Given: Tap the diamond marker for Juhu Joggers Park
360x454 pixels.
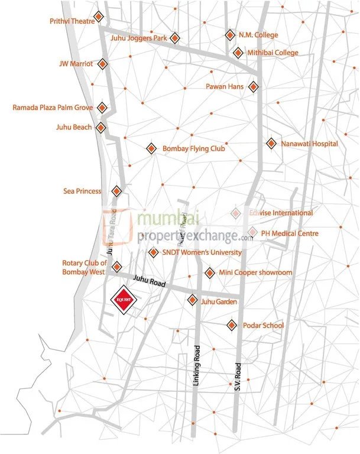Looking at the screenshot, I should tap(174, 38).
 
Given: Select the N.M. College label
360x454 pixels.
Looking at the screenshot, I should tap(258, 35).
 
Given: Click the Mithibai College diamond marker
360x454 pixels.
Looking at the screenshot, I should tap(238, 53).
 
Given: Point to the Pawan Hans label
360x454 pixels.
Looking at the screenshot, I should tap(224, 87).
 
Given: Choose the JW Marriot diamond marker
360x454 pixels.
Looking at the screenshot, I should tap(103, 63).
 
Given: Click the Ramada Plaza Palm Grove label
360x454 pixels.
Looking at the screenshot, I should tap(53, 108).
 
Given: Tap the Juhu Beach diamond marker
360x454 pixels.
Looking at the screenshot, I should tap(102, 127).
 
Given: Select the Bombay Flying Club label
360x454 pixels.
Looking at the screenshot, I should tap(194, 149).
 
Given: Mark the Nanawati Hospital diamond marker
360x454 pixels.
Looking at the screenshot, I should tap(271, 143).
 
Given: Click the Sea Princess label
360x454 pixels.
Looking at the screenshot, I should tap(82, 191).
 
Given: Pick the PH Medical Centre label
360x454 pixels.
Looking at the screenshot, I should tap(290, 234).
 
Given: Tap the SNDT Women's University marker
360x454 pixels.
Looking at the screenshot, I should tap(153, 252).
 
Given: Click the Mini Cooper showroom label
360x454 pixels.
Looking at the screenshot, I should tap(255, 273).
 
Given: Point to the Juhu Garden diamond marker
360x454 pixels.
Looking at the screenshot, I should tap(192, 300).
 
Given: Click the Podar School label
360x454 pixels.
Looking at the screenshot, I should tap(264, 325).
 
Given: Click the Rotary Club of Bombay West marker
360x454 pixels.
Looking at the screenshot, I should tap(117, 267).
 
